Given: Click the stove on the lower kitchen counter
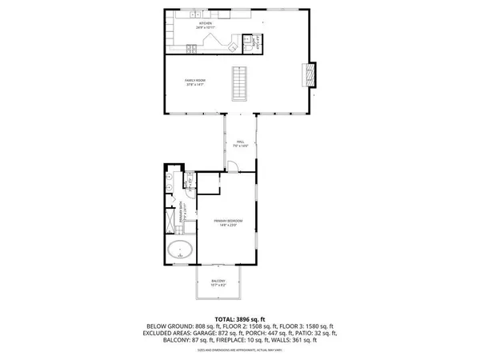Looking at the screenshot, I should (192, 48).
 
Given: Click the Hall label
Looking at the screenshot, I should (239, 143).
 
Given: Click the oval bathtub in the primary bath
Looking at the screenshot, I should (181, 250).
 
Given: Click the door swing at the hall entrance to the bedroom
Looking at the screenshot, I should (231, 167).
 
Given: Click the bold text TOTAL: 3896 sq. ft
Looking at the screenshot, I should (239, 319).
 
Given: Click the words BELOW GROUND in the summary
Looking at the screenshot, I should (166, 326).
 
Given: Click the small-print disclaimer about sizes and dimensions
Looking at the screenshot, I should (239, 350).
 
